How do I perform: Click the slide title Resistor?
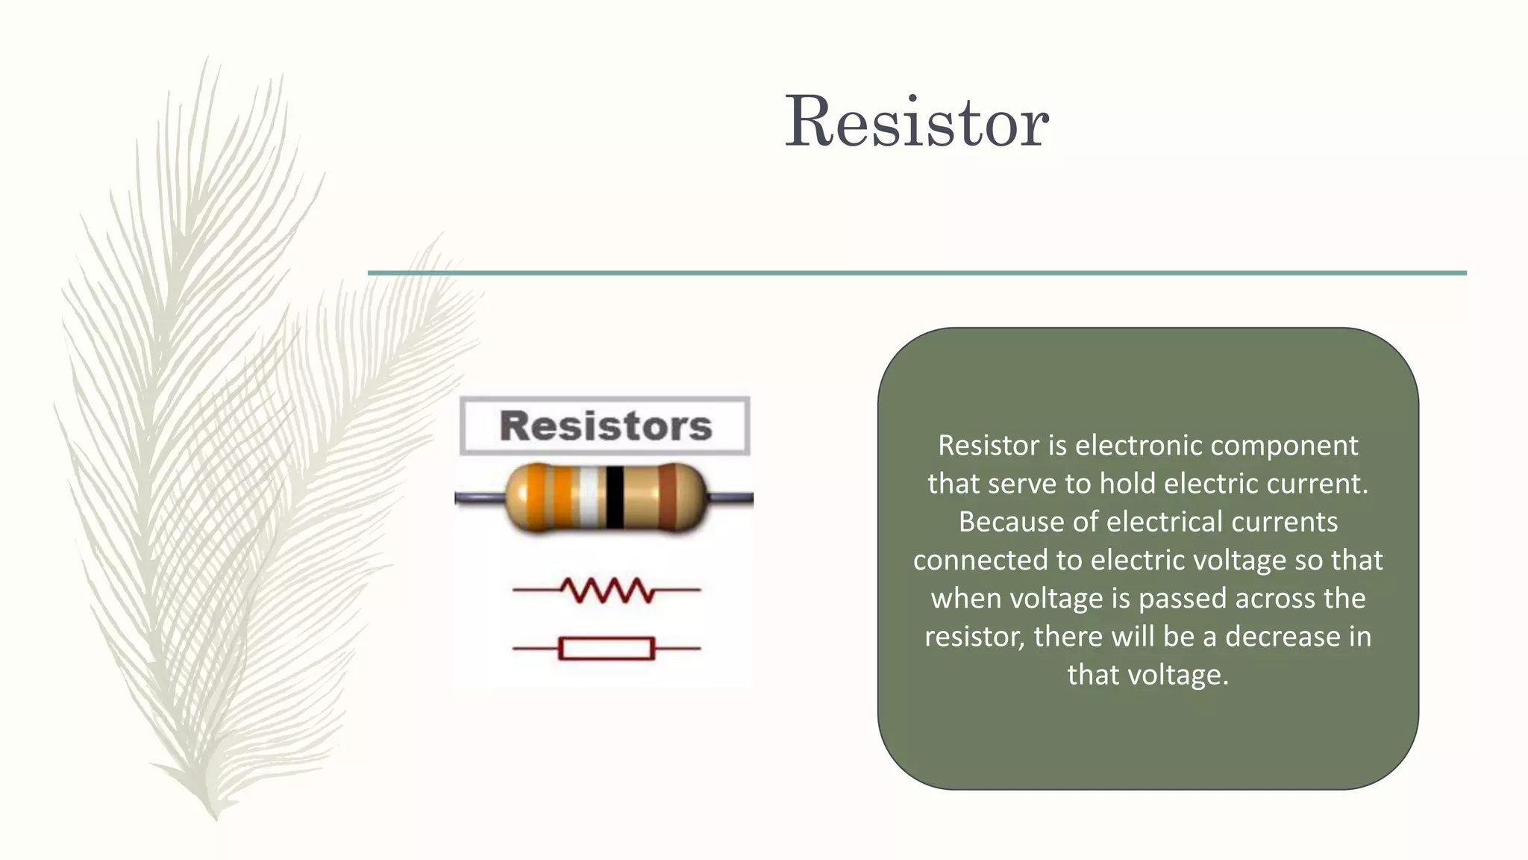click(917, 121)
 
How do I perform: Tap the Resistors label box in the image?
click(605, 426)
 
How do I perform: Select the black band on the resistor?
click(614, 497)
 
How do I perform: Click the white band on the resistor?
click(589, 497)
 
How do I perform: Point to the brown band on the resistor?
click(667, 497)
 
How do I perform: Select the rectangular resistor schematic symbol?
click(607, 649)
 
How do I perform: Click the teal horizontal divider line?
click(917, 273)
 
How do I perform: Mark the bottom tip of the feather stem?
click(216, 819)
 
